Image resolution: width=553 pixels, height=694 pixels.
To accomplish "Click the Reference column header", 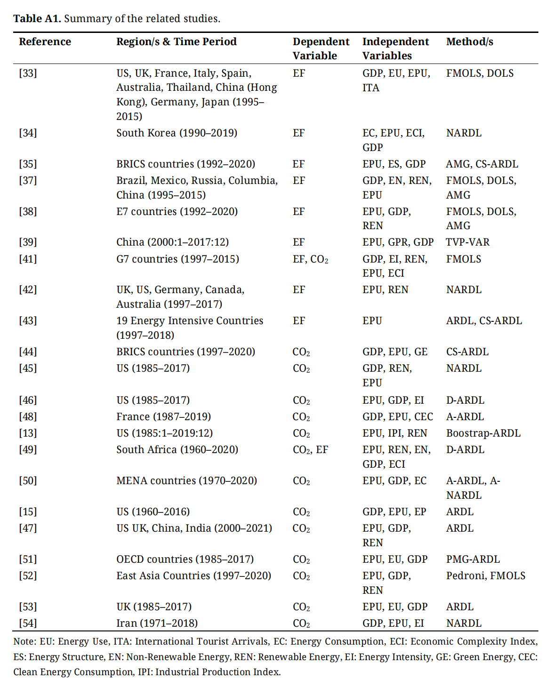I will (x=45, y=41).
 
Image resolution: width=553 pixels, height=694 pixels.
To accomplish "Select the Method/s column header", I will (x=469, y=41).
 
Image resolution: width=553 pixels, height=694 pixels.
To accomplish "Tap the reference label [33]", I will (x=28, y=73).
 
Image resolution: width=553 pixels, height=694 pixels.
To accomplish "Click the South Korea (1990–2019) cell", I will (x=176, y=133).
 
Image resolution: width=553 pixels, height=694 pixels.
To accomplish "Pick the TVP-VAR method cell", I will (x=467, y=242).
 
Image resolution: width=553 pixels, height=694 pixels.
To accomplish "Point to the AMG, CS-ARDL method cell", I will (x=481, y=164).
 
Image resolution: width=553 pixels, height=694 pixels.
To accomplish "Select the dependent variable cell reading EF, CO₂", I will (x=310, y=259).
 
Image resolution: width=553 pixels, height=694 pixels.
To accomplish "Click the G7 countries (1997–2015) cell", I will (x=177, y=259).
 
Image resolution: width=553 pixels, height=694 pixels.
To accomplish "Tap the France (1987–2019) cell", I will (x=163, y=416).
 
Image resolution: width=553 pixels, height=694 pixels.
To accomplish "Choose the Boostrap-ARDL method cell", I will (x=483, y=433).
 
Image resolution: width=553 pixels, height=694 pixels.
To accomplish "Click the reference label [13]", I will (x=28, y=433).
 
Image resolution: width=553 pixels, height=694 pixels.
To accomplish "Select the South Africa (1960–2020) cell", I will (x=177, y=449).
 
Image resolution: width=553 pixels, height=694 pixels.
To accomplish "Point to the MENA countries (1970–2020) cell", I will (x=186, y=480).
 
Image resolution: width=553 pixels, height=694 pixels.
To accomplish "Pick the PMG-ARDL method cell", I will (x=473, y=559).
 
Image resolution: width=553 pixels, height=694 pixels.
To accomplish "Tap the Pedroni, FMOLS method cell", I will (x=485, y=575).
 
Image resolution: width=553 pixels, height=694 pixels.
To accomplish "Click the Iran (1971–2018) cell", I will (x=157, y=623).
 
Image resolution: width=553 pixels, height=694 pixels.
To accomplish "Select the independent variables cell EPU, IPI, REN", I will (x=394, y=433).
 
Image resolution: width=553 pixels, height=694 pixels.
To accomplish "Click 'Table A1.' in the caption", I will (x=37, y=18).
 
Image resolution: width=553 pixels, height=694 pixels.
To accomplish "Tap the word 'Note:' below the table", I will (x=24, y=641).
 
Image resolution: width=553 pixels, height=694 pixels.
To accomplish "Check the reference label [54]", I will (x=28, y=623).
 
